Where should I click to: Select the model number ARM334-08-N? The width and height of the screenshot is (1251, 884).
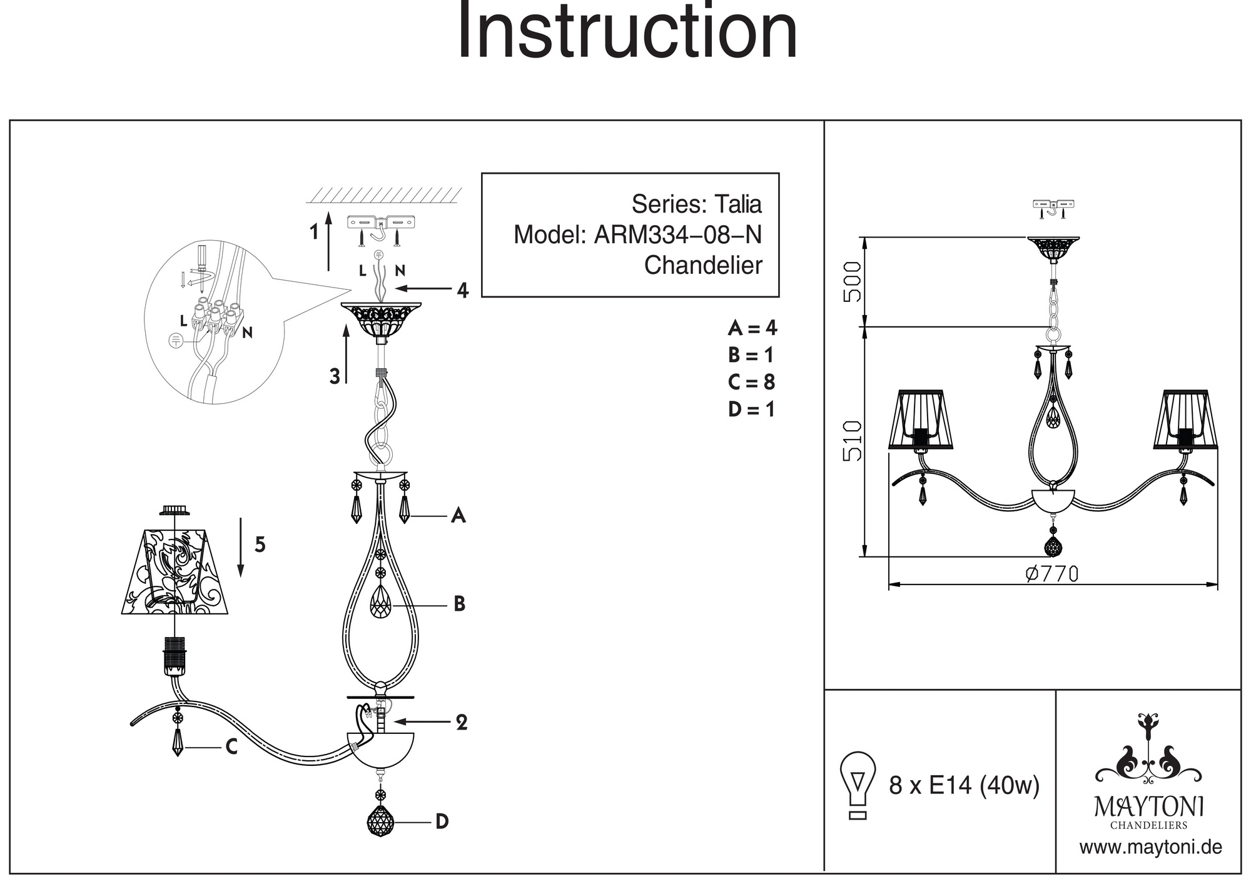tap(677, 235)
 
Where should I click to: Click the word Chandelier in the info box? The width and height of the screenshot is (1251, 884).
tap(703, 265)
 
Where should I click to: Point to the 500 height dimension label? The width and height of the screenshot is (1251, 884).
tap(853, 281)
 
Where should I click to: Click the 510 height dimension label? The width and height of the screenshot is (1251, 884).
tap(853, 441)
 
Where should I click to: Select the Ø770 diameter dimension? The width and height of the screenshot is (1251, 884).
tap(1052, 573)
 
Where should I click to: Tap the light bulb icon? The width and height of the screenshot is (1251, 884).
tap(858, 785)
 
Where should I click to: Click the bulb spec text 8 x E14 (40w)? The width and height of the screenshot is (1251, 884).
tap(964, 785)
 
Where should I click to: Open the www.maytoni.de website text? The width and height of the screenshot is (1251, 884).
tap(1150, 848)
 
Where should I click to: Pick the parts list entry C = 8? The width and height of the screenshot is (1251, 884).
tap(751, 382)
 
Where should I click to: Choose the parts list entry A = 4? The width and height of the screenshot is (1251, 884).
tap(752, 328)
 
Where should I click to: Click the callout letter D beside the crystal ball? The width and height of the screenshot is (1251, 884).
tap(442, 821)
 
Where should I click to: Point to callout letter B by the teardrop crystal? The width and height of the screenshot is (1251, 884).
tap(459, 604)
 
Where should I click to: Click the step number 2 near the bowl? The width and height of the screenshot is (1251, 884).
tap(462, 723)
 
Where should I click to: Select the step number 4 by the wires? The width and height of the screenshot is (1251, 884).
tap(462, 290)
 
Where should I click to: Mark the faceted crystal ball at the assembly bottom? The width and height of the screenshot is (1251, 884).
tap(381, 820)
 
